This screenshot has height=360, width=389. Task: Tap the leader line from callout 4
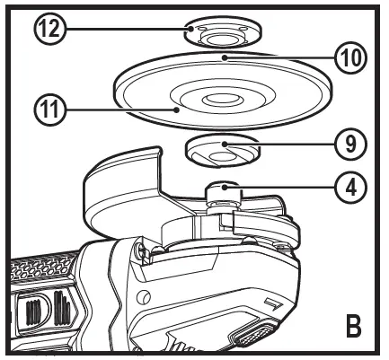coord(287,189)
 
